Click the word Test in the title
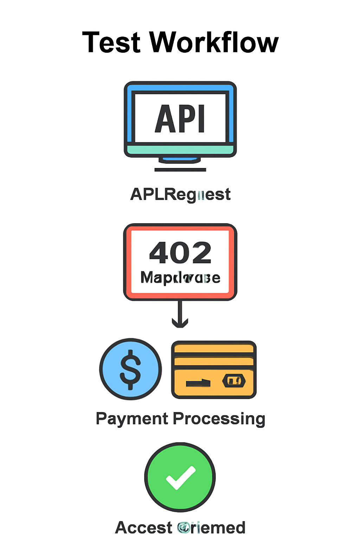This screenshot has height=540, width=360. [x=111, y=43]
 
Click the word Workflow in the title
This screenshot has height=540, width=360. [x=214, y=43]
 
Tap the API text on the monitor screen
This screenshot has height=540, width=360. [x=180, y=119]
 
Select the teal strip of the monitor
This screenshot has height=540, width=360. [x=180, y=150]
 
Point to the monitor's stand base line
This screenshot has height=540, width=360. [x=180, y=170]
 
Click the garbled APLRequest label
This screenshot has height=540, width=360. [x=180, y=194]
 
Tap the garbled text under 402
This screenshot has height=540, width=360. [x=180, y=278]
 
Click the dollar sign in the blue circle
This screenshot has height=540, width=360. [x=130, y=369]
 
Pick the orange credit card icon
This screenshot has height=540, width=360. [x=214, y=369]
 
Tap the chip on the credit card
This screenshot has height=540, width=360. [x=234, y=381]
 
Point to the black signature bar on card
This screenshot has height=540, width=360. [x=198, y=383]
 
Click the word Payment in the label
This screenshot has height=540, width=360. [x=132, y=419]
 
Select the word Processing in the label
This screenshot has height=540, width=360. [x=219, y=419]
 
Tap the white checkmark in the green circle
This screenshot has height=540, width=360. [x=180, y=477]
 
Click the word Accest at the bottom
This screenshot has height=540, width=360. [x=143, y=528]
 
